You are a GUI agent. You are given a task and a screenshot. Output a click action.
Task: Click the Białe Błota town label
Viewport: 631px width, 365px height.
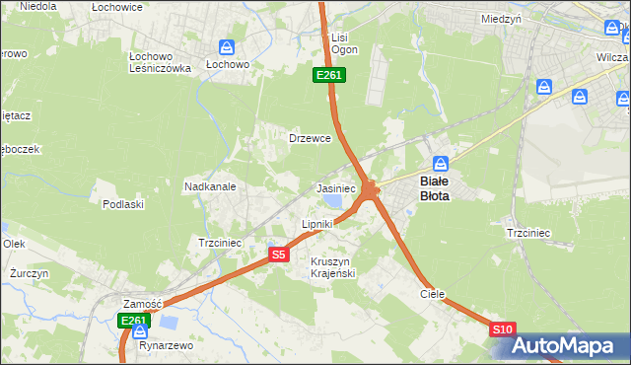tap(435, 188)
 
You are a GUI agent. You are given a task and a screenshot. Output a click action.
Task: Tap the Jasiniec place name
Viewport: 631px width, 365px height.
tap(335, 187)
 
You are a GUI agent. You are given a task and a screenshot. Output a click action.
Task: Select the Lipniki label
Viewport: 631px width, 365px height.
tap(317, 225)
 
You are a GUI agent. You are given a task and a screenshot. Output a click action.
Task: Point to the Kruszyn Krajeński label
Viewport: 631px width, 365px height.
tap(332, 266)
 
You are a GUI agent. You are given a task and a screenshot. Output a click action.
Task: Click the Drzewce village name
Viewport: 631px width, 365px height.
tap(309, 139)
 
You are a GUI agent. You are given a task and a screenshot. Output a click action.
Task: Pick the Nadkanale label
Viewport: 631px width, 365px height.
tap(209, 185)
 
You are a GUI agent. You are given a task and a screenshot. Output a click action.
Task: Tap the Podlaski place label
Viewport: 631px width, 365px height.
tap(123, 204)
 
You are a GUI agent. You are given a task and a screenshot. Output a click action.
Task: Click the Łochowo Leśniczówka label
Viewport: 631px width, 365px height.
tap(160, 61)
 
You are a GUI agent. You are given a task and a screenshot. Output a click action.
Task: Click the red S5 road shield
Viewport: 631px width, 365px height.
tap(279, 255)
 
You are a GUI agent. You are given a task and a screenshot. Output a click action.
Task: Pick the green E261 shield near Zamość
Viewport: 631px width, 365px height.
tap(133, 321)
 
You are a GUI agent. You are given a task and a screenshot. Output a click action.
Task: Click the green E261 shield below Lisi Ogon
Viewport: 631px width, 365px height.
tap(328, 75)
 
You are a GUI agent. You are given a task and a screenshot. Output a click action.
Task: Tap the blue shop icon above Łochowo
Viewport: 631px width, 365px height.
tap(227, 46)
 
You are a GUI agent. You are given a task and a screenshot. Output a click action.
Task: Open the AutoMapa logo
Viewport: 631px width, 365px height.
tap(569, 345)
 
